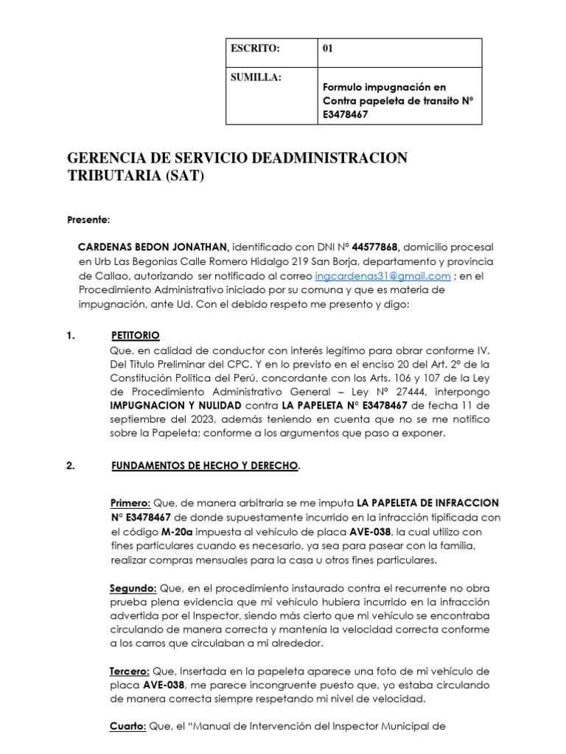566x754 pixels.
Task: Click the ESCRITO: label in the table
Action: point(256,49)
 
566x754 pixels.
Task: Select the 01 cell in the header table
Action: point(328,49)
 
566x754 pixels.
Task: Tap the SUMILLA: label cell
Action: point(257,78)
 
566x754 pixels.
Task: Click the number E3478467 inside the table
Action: point(344,115)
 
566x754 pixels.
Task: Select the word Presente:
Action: point(88,219)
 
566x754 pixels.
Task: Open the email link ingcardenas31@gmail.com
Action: point(382,276)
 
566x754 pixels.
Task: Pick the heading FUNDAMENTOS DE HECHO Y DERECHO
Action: point(205,466)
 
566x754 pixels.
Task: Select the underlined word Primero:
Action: point(130,502)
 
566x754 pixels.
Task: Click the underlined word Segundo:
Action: point(133,588)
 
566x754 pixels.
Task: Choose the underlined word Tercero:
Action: point(130,671)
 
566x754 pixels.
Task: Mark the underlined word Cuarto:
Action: point(128,727)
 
